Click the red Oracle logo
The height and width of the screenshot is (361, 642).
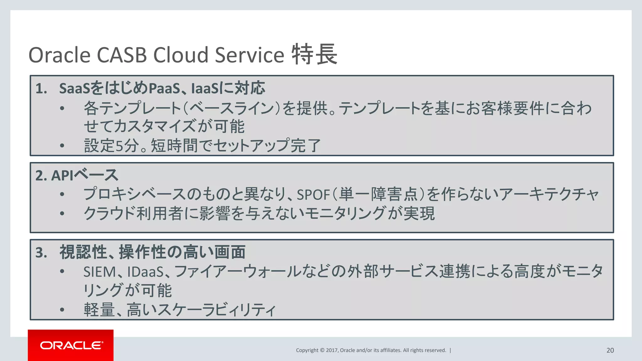coord(71,345)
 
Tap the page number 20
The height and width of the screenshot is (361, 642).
coord(610,350)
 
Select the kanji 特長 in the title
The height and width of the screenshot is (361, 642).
coord(314,55)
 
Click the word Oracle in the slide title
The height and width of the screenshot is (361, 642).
coord(59,55)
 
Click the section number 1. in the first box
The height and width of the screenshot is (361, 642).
coord(41,89)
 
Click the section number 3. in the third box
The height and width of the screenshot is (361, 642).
coord(41,253)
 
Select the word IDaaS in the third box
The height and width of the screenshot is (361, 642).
coord(145,272)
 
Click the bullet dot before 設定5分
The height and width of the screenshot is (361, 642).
coord(62,145)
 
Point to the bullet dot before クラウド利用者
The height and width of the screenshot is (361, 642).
coord(62,213)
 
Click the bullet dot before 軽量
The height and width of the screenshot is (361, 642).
coord(62,310)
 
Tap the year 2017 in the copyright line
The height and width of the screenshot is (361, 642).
coord(332,350)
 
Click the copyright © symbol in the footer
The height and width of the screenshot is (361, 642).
coord(322,350)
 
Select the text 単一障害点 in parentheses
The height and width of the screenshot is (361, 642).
coord(379,194)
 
